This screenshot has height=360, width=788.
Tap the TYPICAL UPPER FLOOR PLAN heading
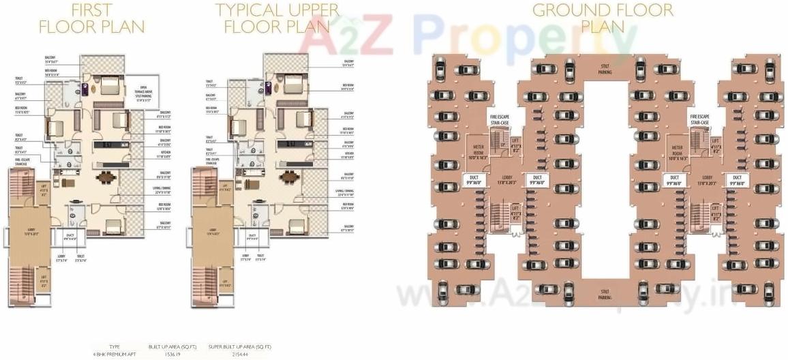[277, 19]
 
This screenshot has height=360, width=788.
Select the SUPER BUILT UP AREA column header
[239, 347]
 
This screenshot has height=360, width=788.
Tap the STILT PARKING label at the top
[603, 69]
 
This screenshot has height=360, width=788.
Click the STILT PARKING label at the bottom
[603, 295]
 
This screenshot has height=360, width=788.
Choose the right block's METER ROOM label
[678, 152]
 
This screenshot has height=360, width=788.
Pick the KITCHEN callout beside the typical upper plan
[348, 155]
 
